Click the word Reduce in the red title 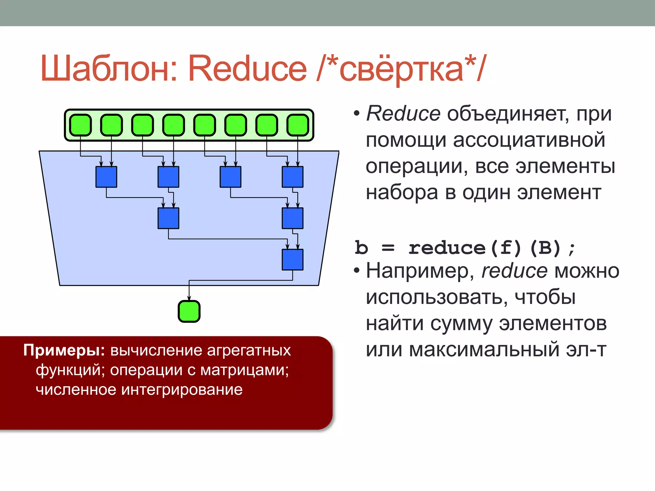point(247,69)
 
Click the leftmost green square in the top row point(81,125)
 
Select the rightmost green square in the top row point(298,125)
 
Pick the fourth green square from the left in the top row point(174,125)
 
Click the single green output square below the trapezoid point(189,311)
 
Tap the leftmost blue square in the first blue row point(106,177)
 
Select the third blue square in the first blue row point(230,177)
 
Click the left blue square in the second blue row point(168,218)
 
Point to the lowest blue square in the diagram point(292,260)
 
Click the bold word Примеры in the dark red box point(64,351)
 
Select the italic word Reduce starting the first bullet point(403,114)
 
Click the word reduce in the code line point(447,248)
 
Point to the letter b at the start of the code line point(361,248)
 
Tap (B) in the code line point(545,248)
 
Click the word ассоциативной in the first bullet point(529,140)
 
